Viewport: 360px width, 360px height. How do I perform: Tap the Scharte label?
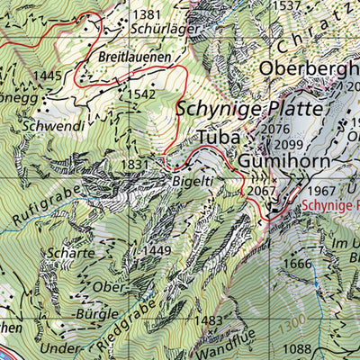tap(74, 253)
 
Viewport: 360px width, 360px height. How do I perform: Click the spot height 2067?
tap(260, 191)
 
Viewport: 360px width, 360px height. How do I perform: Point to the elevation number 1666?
tap(297, 263)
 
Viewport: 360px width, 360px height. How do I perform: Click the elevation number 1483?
tap(207, 320)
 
